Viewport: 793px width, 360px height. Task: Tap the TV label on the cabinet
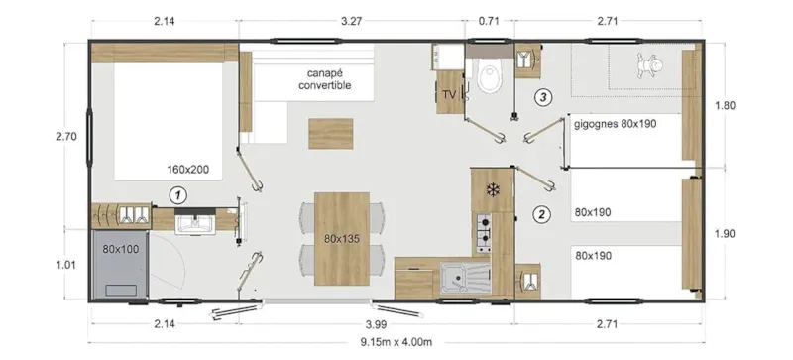click(448, 95)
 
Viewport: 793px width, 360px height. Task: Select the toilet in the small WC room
click(488, 76)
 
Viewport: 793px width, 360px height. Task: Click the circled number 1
click(177, 195)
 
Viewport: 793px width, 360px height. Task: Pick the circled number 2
click(541, 213)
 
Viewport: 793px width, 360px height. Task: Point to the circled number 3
click(541, 97)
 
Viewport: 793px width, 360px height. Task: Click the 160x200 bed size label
click(188, 170)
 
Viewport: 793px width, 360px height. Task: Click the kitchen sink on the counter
click(458, 275)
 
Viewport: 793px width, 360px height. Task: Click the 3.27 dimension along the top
click(353, 18)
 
